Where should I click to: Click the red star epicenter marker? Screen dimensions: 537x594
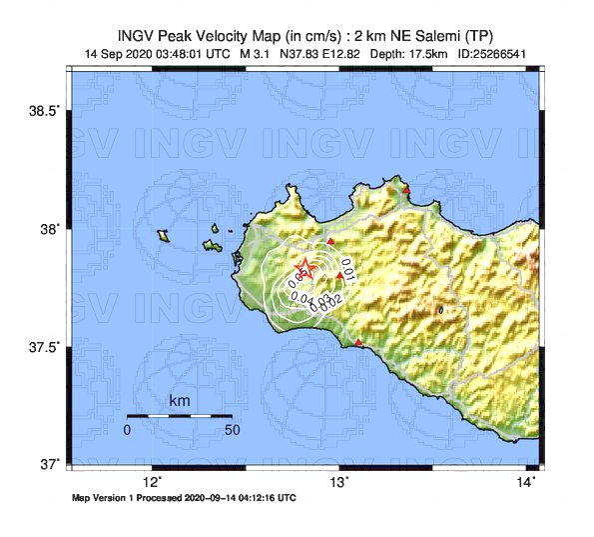click(305, 270)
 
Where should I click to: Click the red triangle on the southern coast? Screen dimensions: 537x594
click(358, 343)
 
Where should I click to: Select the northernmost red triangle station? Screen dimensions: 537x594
click(406, 189)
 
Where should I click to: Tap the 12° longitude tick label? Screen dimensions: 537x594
click(152, 482)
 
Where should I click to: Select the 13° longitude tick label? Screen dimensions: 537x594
click(339, 482)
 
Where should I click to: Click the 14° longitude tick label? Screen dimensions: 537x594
click(527, 482)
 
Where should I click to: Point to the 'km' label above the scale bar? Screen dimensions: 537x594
click(180, 401)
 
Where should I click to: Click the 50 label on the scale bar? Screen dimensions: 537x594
click(232, 430)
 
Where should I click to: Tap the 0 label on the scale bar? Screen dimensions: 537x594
click(127, 430)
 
